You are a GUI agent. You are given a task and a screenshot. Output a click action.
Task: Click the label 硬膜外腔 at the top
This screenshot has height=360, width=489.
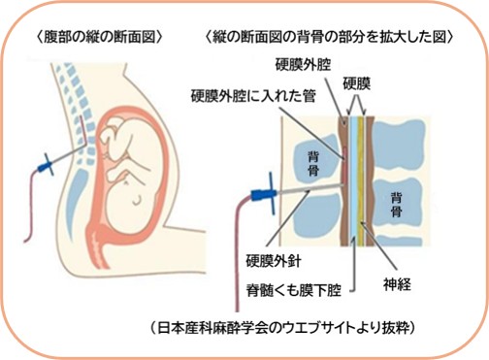click(303, 65)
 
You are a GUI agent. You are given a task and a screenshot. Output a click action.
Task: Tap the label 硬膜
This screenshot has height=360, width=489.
click(356, 83)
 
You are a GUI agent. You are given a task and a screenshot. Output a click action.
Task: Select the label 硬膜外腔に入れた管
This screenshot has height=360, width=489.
click(253, 96)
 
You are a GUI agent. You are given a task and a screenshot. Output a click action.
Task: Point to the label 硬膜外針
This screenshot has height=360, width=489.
click(274, 261)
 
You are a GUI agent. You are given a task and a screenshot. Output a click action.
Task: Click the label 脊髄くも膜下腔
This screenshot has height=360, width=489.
click(294, 290)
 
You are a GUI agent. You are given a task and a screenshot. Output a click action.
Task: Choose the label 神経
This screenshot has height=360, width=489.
click(397, 285)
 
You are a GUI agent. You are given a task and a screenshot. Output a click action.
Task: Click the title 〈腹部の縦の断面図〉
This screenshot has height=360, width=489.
click(100, 37)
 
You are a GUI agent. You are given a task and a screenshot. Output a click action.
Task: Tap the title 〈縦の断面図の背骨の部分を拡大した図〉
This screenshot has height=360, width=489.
click(330, 37)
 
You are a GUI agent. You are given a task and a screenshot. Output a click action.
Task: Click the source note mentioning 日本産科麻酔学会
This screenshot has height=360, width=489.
click(282, 328)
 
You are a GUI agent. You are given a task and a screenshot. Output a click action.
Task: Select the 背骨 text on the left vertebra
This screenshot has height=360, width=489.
click(313, 164)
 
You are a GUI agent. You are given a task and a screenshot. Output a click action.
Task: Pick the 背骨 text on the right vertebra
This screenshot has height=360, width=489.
click(397, 205)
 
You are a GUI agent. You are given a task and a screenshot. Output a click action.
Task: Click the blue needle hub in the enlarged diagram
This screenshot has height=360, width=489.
click(265, 194)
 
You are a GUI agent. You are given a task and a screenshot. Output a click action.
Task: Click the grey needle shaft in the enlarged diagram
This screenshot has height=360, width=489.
click(310, 188)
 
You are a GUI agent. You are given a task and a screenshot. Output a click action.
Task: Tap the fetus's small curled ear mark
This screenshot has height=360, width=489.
click(138, 200)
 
